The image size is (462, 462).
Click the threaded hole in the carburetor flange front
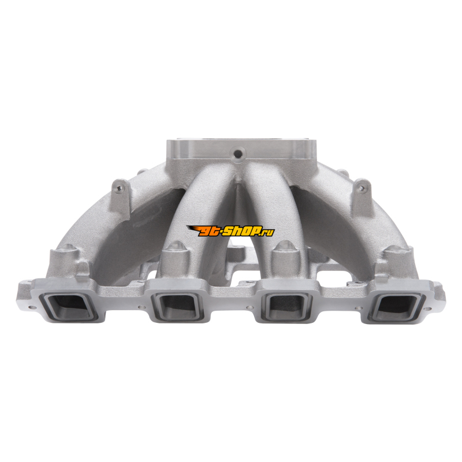[x=237, y=154]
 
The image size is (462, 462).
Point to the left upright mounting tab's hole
[x=118, y=188]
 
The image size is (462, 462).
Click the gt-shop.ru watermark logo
[x=230, y=230]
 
